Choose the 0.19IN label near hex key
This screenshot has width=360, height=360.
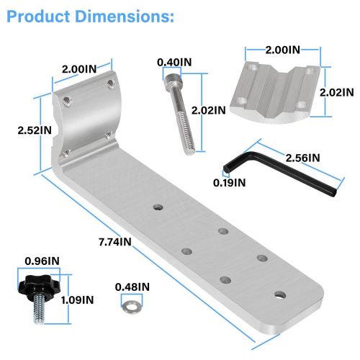point(230,182)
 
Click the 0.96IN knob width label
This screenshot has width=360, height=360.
point(42,261)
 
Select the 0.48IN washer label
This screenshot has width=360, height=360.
point(132,287)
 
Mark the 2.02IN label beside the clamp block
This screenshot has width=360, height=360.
point(337,92)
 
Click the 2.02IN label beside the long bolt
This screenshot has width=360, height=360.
point(210,110)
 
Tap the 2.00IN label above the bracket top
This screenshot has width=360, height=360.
point(79,68)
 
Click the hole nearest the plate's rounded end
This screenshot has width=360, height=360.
point(279,294)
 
